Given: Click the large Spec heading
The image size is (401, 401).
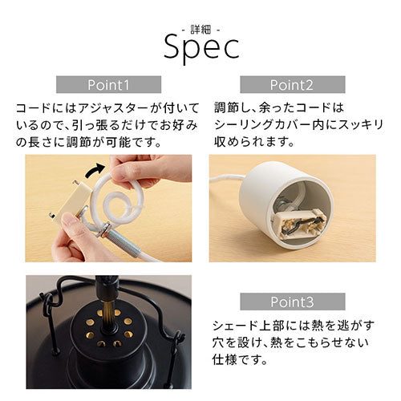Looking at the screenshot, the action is point(202,48).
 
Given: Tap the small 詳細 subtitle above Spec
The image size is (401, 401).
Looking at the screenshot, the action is point(200,30).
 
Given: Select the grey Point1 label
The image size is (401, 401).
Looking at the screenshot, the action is point(108,85).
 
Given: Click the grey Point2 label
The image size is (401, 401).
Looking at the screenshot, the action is point(293,85).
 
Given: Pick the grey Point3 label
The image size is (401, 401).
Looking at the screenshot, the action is point(293,302).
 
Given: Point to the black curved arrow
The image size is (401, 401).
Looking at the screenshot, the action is point(94,170).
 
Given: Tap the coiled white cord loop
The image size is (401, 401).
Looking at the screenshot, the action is point(118,198).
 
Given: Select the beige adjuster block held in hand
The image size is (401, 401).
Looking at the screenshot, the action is point(71,202).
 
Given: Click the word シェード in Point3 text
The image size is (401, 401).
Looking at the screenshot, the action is point(235,326).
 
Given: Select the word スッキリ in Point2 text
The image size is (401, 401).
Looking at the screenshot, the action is point(361,125).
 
